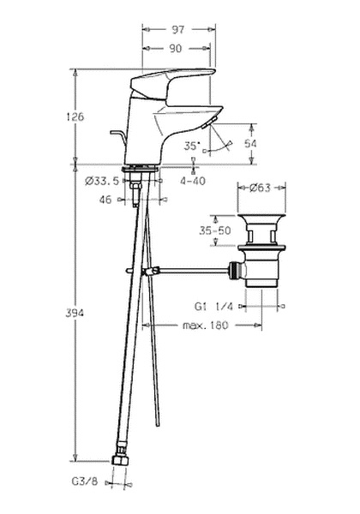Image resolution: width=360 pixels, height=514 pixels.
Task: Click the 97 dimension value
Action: click(x=178, y=30)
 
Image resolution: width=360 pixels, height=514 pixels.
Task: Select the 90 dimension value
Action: click(x=176, y=49)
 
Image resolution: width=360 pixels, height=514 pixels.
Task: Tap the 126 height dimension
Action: click(x=75, y=117)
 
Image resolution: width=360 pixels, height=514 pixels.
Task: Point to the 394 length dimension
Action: click(x=75, y=313)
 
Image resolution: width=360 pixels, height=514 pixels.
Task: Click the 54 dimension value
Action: click(x=250, y=144)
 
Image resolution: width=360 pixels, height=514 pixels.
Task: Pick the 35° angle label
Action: click(x=192, y=146)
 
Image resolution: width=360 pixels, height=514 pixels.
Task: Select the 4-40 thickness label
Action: click(x=193, y=181)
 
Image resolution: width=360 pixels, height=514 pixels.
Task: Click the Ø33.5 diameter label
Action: click(x=102, y=181)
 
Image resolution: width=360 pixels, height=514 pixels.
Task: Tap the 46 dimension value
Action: click(x=105, y=200)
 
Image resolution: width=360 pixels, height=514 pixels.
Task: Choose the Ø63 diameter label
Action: click(x=260, y=188)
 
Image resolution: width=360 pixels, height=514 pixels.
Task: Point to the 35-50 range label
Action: click(x=215, y=230)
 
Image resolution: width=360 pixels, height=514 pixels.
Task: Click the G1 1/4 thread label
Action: click(x=213, y=307)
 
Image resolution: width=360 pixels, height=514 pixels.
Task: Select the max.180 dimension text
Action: click(x=205, y=326)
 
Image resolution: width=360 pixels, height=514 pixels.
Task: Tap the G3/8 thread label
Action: click(x=84, y=481)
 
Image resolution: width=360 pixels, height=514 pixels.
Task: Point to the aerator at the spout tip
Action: click(x=207, y=123)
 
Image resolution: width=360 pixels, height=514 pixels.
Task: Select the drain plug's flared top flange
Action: click(x=261, y=219)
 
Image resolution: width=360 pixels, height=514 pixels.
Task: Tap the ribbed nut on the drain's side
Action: click(x=234, y=271)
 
